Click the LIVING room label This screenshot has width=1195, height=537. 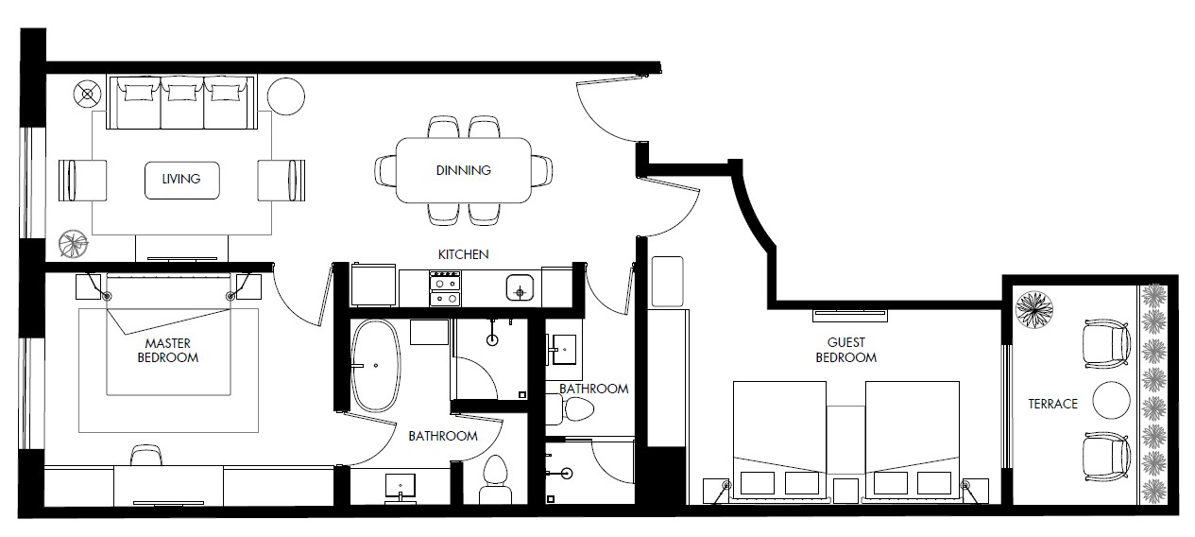tap(181, 179)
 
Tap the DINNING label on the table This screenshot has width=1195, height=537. tap(464, 170)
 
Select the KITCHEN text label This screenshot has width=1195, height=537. tap(463, 254)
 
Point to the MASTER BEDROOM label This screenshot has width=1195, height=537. tap(168, 350)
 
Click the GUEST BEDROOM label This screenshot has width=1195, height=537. tap(846, 350)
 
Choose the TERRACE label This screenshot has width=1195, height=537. tap(1053, 404)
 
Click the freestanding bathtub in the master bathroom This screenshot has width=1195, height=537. tap(376, 366)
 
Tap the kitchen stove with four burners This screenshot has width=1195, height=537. tap(446, 288)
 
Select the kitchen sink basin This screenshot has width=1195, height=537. tap(520, 287)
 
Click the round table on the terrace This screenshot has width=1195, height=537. tap(1111, 400)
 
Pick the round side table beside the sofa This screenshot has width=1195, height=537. tap(286, 96)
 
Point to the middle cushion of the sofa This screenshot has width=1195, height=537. tap(182, 102)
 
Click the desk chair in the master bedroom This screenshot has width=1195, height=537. tap(146, 456)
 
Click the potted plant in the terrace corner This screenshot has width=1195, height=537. tap(1034, 309)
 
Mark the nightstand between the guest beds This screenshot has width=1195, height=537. tap(845, 491)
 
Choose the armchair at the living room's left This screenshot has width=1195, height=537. tap(82, 181)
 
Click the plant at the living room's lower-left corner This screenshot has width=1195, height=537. tap(74, 245)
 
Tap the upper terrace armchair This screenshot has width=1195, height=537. tap(1106, 344)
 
